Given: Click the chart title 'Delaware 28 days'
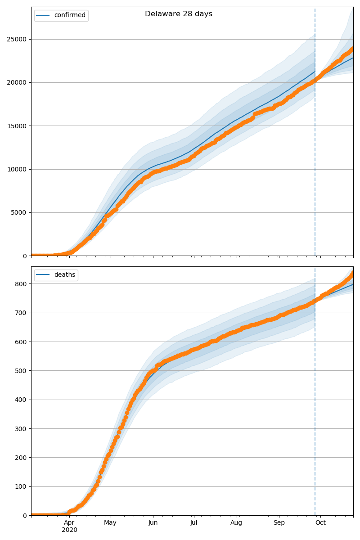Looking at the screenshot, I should [x=179, y=14].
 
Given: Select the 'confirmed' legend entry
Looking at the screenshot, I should [x=70, y=15].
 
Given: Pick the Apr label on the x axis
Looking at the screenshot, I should [x=69, y=523].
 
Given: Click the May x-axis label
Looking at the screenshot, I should [x=110, y=523].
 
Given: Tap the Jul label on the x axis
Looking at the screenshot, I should [x=194, y=523].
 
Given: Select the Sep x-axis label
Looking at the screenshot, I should [x=279, y=523].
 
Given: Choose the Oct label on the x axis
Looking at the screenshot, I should [x=320, y=523].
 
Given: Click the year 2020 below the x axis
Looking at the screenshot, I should [x=69, y=530].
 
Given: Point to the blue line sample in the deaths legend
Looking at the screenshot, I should [x=44, y=275].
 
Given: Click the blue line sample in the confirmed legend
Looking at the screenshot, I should [x=44, y=15].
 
